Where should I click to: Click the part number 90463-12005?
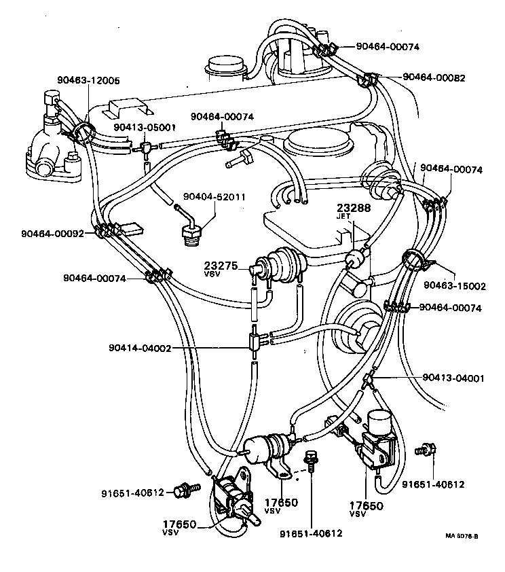coord(88,80)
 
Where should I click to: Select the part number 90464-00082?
coord(434,77)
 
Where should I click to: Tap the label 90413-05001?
coord(145,127)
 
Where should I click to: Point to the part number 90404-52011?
coord(214,196)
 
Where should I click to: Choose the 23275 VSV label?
coord(221,268)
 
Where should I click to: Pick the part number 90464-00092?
coord(52,234)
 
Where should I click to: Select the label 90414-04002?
coord(140,348)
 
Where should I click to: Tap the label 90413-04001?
coord(453,378)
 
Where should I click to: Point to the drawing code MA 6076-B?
coord(462,536)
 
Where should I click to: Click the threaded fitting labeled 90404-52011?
coord(191,233)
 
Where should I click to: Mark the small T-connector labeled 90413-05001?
coord(145,149)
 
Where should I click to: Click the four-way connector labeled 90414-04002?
coord(254,342)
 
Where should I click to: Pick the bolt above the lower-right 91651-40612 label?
coord(426,450)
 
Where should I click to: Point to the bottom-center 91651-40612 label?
coord(311,533)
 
